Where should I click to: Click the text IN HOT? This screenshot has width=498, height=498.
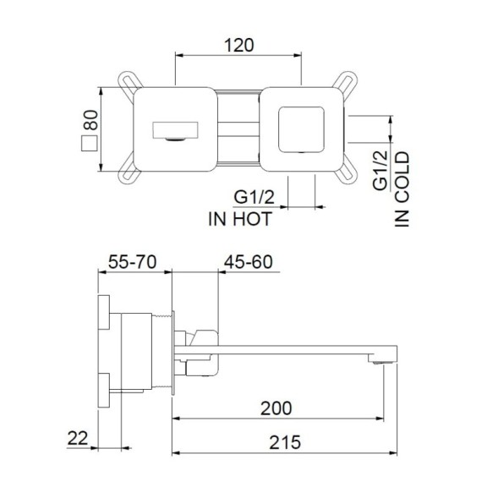239,218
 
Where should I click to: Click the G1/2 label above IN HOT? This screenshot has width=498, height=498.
254,198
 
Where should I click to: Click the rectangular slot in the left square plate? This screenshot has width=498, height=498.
175,131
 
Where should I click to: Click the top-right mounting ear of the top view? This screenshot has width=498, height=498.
346,83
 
